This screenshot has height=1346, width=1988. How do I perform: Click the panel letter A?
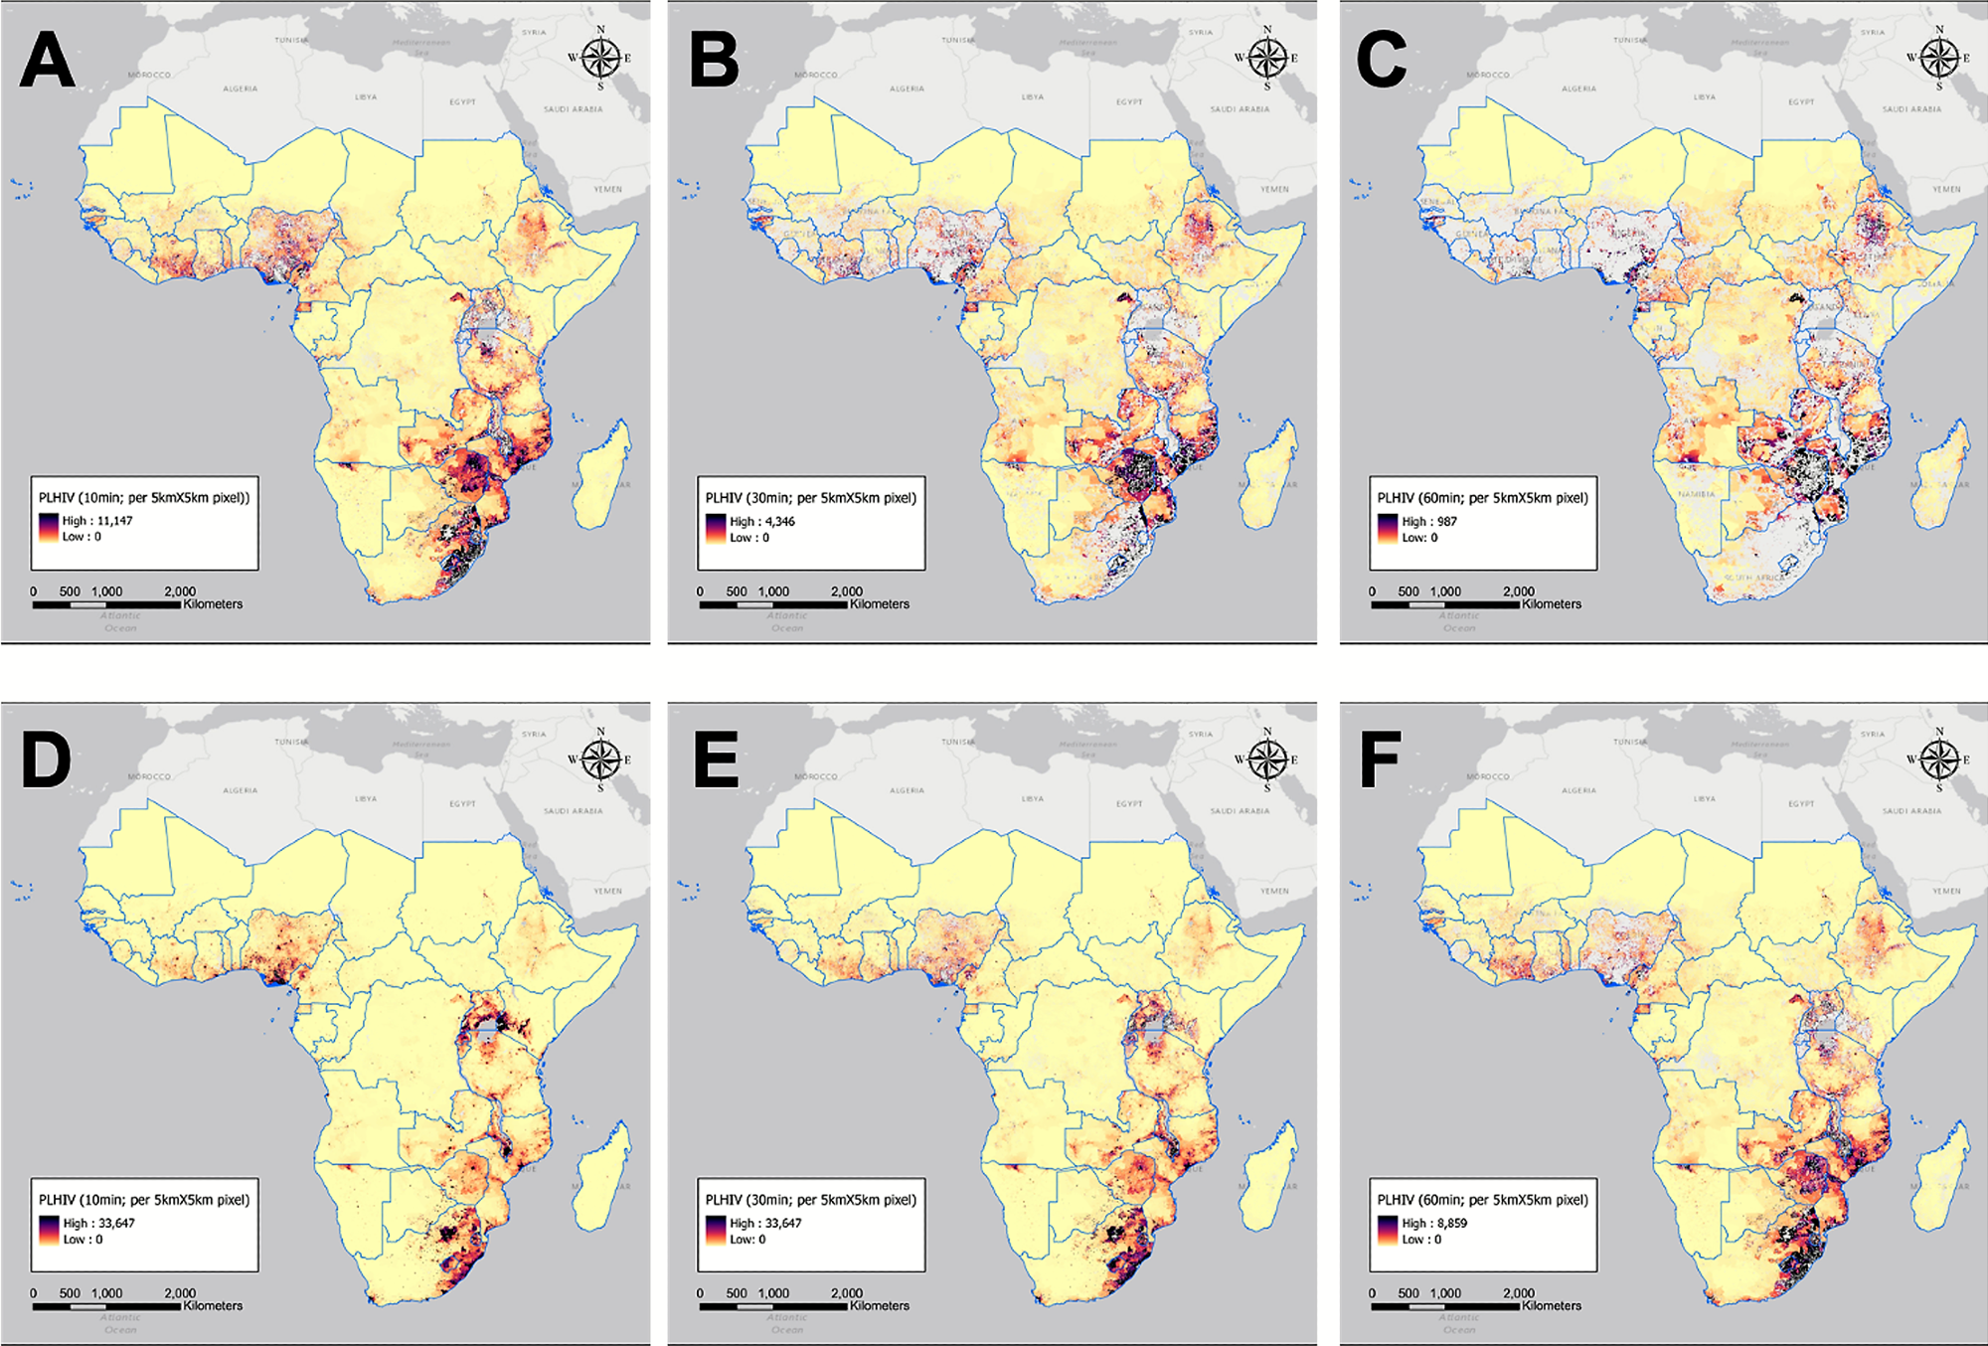[x=47, y=61]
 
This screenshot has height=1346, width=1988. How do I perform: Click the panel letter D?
[x=46, y=761]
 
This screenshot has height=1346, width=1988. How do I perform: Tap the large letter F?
[x=1380, y=761]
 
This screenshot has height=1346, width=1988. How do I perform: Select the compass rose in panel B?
[x=1266, y=58]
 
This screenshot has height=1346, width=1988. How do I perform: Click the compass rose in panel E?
[x=1266, y=759]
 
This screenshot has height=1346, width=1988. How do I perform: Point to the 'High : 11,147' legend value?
[x=97, y=521]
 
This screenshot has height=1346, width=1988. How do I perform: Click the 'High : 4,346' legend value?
[x=762, y=521]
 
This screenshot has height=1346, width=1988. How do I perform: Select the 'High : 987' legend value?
[x=1429, y=521]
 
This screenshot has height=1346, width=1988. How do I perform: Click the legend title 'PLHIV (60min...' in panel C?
[x=1482, y=498]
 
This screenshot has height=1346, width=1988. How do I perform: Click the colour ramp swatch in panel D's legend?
[x=48, y=1231]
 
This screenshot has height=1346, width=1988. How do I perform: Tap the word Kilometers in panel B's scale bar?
[x=879, y=604]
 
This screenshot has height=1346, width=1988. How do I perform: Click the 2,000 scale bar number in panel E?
[x=847, y=1293]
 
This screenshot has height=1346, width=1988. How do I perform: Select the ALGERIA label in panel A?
[x=241, y=88]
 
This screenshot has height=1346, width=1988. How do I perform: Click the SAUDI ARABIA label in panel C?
[x=1910, y=109]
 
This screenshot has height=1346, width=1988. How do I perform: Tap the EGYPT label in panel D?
[x=462, y=803]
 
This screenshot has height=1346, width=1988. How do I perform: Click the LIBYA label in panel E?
[x=1033, y=798]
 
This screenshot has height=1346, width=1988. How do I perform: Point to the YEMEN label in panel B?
[x=1274, y=189]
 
